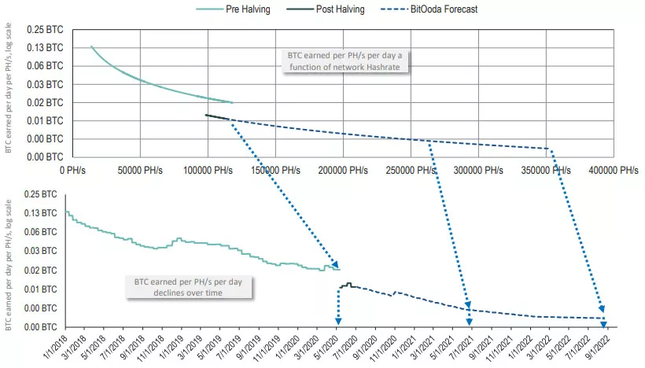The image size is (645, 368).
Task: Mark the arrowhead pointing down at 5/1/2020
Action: coord(338,321)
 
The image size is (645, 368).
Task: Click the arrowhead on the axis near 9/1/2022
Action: coord(604,322)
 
